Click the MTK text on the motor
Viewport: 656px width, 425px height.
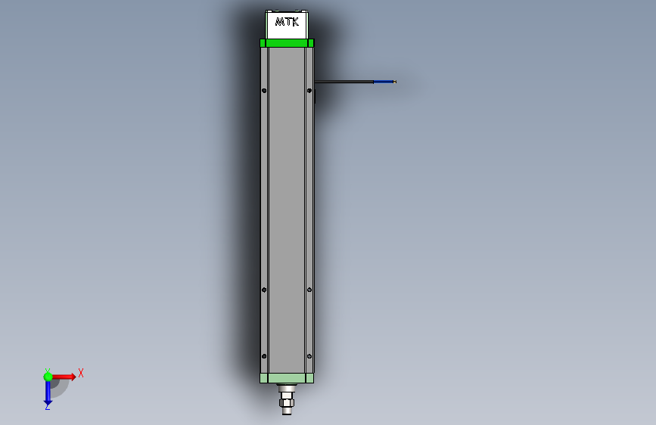coord(287,23)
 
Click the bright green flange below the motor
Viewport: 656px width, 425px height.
coord(287,43)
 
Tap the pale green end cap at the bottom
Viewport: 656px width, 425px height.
coord(286,378)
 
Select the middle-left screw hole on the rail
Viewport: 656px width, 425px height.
coord(264,289)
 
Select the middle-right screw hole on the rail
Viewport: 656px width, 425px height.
coord(309,289)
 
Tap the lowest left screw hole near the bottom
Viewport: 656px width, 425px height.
coord(264,356)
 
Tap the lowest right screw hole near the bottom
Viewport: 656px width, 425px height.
coord(309,356)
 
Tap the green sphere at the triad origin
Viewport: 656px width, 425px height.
coord(48,377)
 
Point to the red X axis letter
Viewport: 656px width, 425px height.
coord(81,373)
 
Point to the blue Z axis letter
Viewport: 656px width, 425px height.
coord(47,407)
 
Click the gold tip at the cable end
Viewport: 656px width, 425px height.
coord(395,81)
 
